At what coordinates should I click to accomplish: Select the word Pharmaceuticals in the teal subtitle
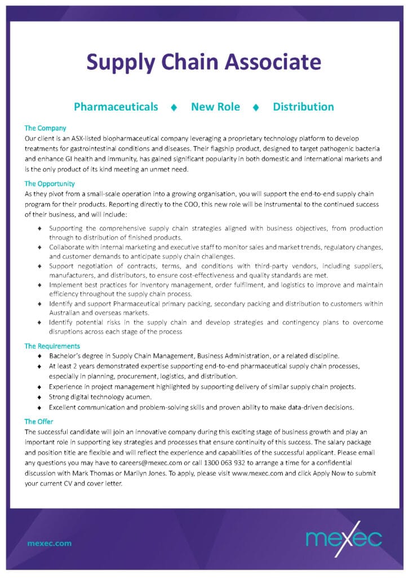click(116, 107)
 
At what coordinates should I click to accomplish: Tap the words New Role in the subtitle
click(215, 107)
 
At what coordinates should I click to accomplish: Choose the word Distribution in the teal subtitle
click(303, 107)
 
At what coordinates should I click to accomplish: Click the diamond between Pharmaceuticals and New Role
click(174, 107)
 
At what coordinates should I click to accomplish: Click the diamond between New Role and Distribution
click(256, 107)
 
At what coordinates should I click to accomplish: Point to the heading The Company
click(45, 128)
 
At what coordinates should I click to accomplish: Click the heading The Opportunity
click(50, 183)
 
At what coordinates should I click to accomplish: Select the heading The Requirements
click(52, 345)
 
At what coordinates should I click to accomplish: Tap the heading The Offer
click(40, 421)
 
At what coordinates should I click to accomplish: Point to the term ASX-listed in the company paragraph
click(87, 138)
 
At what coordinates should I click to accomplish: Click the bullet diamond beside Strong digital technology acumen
click(39, 397)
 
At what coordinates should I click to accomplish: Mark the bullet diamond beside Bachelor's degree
click(39, 356)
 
